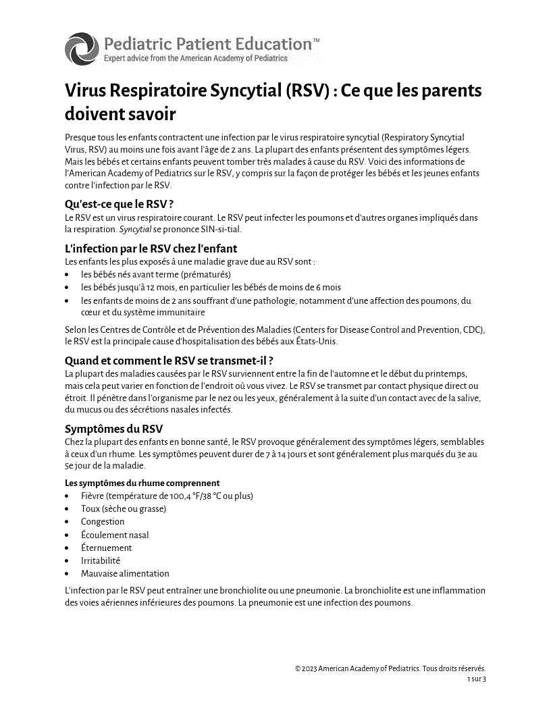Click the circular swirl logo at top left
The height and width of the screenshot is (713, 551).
pos(82,49)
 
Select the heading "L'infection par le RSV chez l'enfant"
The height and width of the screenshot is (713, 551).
pos(151,248)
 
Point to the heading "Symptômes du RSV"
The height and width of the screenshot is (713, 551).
pos(113,429)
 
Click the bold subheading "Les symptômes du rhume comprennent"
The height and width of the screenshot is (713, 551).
pos(142,483)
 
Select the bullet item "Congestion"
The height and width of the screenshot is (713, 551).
pos(103,522)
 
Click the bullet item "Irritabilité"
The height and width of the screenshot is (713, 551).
pos(101,560)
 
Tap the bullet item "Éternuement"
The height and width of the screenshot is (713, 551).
pos(106,548)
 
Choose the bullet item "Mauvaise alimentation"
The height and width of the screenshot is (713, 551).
pos(125,573)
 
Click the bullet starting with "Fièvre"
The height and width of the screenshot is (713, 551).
pos(167,496)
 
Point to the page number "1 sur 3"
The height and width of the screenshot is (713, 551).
pos(476,679)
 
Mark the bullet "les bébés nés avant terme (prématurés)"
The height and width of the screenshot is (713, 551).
pos(155,275)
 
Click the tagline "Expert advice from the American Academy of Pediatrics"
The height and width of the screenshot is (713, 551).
pos(195,59)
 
